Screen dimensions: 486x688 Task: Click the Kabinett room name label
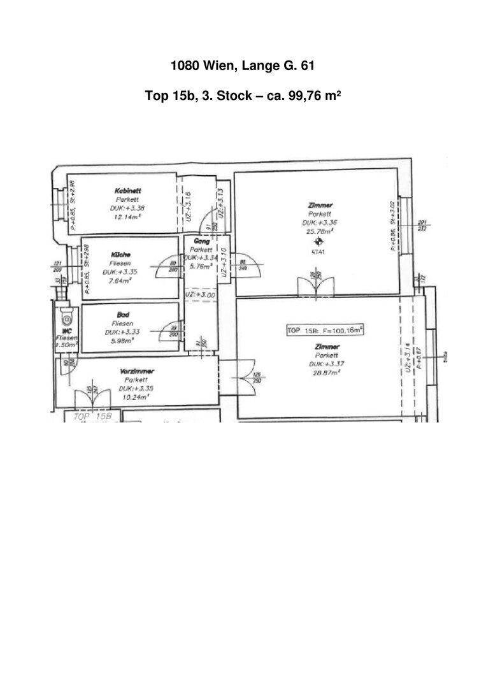click(x=128, y=190)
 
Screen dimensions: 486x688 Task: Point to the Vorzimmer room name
click(x=137, y=371)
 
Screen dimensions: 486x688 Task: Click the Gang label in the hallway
click(x=202, y=241)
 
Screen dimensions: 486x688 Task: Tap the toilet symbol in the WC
click(x=66, y=318)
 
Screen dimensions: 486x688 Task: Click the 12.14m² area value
click(x=127, y=217)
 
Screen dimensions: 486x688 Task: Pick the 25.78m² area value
click(x=320, y=232)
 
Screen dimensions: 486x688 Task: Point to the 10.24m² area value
click(x=136, y=396)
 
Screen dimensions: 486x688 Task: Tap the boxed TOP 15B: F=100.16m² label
click(x=325, y=331)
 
